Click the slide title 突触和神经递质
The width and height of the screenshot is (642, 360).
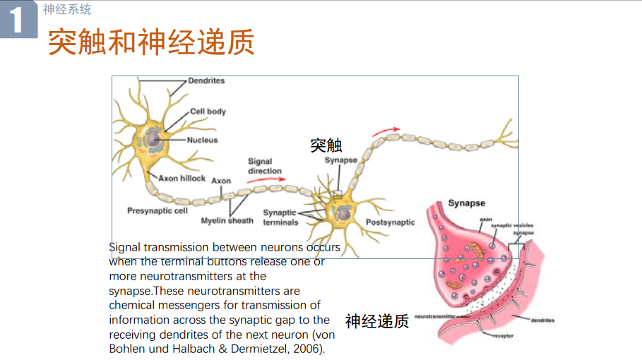(150, 42)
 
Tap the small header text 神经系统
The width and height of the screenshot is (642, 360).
(67, 10)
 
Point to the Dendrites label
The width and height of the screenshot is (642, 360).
(206, 81)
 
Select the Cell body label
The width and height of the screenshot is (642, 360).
(208, 112)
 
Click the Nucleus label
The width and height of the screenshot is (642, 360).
(203, 140)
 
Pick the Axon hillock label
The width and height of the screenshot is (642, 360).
(182, 179)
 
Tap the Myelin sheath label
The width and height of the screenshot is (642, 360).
(227, 221)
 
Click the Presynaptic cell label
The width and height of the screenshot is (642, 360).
(157, 210)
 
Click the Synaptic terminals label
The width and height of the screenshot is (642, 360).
(280, 217)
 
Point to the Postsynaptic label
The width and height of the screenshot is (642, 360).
(390, 222)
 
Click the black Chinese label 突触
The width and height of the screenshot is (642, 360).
(326, 145)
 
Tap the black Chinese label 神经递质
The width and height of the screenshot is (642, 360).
(377, 321)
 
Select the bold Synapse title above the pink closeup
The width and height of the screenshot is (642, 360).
(467, 203)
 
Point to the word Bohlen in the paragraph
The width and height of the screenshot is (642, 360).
(127, 349)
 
